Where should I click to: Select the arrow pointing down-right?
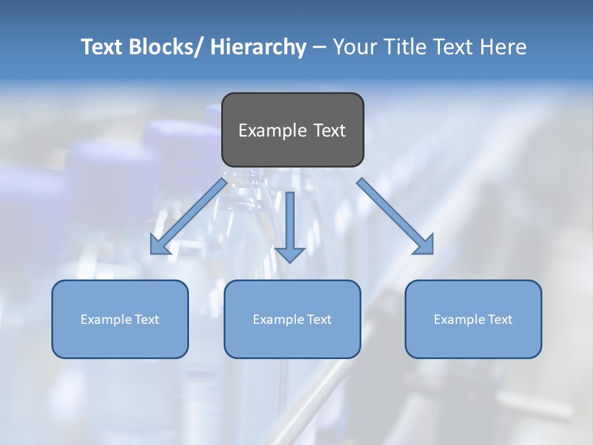(x=395, y=216)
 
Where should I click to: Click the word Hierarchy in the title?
(x=258, y=47)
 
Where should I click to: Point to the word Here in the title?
(x=503, y=47)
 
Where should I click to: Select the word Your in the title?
(x=354, y=47)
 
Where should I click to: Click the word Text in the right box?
(x=500, y=320)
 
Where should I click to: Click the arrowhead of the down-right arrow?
(x=424, y=245)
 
